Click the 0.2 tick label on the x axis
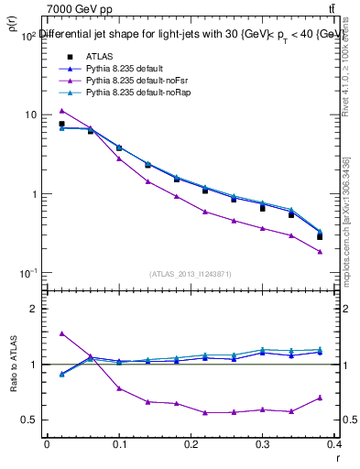(x=192, y=446)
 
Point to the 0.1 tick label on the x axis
(x=119, y=446)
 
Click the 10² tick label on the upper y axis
(x=27, y=35)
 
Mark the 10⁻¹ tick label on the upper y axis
(x=27, y=273)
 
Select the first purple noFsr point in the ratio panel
(x=61, y=333)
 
